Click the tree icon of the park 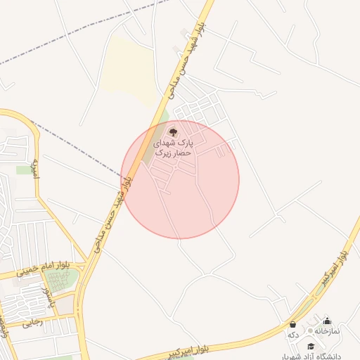(173, 131)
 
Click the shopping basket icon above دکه (292, 324)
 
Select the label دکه (293, 335)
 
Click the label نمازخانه (327, 331)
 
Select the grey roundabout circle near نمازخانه (310, 330)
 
